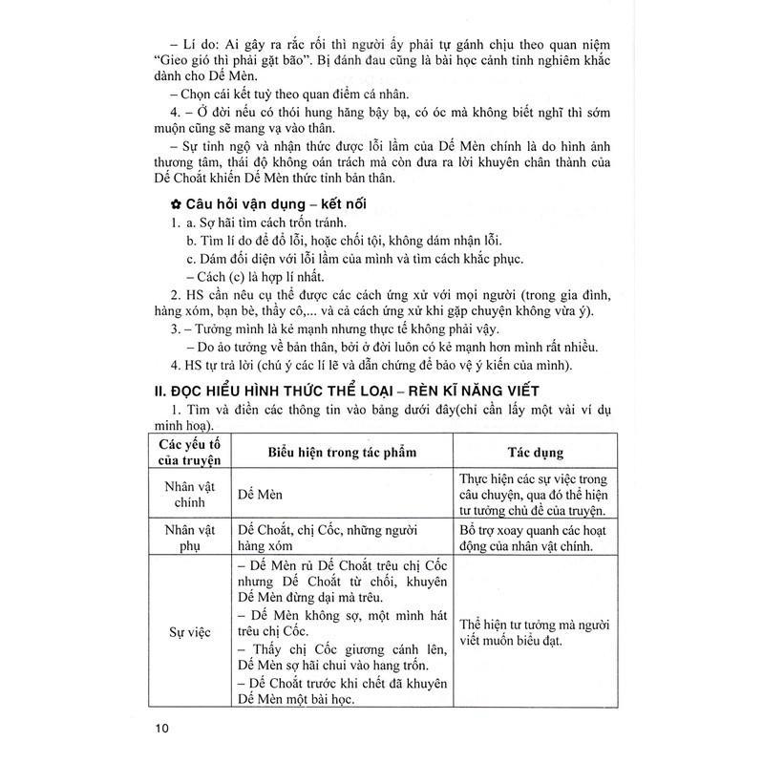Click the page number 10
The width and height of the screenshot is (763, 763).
coord(160,730)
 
